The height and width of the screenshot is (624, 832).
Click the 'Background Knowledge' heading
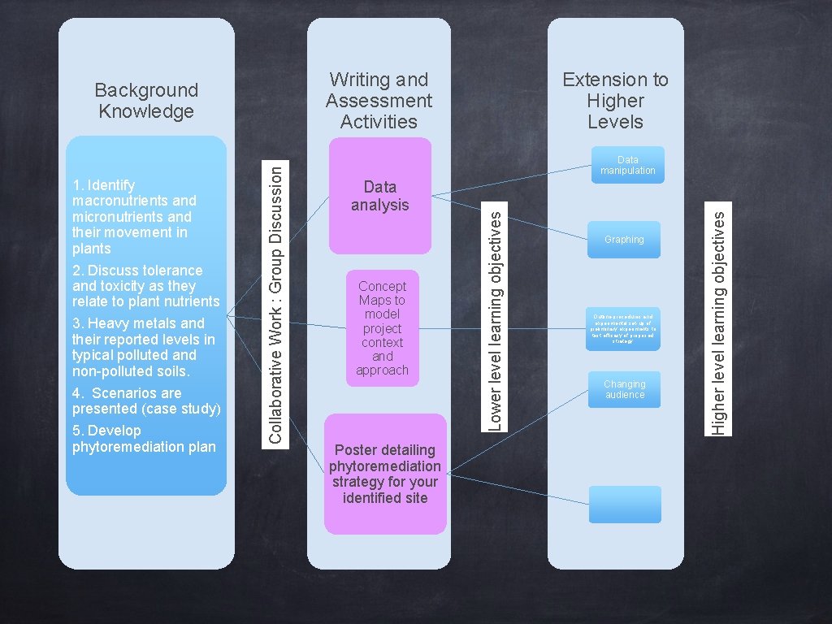(146, 101)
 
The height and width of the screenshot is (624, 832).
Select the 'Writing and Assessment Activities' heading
(379, 101)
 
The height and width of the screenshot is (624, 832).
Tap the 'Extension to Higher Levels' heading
(615, 101)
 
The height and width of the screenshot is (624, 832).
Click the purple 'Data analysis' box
(379, 196)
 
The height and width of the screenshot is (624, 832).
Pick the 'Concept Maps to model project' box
(382, 327)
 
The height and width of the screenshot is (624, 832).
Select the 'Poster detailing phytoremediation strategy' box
(385, 474)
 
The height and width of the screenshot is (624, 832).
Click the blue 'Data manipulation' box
(627, 165)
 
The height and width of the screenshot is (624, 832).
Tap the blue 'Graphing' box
(624, 240)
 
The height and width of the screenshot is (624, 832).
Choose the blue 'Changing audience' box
(624, 389)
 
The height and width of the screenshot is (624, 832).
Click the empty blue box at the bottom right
(625, 505)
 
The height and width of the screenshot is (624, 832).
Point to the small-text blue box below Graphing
(623, 328)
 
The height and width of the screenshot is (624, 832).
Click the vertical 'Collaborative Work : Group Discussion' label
(276, 301)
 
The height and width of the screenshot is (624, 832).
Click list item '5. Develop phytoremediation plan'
(144, 439)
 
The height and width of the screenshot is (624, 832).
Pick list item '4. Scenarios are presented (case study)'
(146, 401)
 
